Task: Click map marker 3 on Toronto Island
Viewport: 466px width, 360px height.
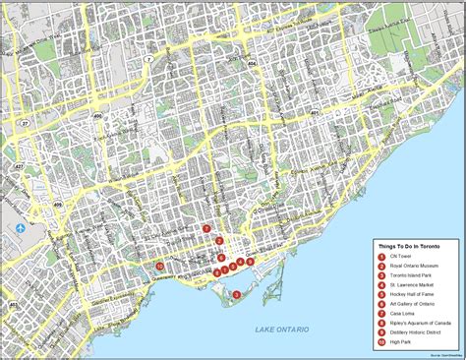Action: (x=236, y=294)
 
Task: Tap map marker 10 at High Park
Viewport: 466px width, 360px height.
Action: (x=159, y=266)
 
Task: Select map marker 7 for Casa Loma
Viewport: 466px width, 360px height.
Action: (x=206, y=229)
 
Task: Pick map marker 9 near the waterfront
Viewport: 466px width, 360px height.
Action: (x=251, y=262)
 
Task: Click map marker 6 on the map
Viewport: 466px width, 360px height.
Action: (x=221, y=258)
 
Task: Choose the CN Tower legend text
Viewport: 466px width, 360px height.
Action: (x=398, y=258)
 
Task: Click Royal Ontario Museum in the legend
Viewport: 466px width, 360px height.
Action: (x=413, y=268)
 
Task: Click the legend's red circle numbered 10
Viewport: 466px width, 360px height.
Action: (x=380, y=343)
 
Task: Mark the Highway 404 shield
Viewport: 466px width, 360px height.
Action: (x=251, y=63)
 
